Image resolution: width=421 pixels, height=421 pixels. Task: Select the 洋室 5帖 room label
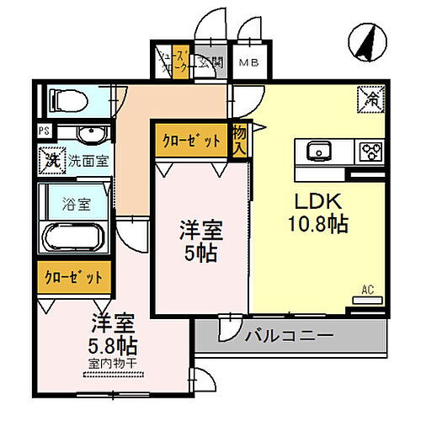(x=200, y=240)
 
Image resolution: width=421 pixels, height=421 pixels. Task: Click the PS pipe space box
(x=44, y=131)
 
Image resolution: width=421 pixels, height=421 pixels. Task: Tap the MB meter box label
(x=248, y=62)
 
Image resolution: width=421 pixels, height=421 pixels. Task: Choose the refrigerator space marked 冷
(x=371, y=98)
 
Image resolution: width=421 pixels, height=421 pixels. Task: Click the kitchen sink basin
(x=318, y=152)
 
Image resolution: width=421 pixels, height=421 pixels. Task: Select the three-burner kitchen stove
(x=370, y=152)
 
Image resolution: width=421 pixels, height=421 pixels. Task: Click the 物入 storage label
(x=239, y=140)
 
